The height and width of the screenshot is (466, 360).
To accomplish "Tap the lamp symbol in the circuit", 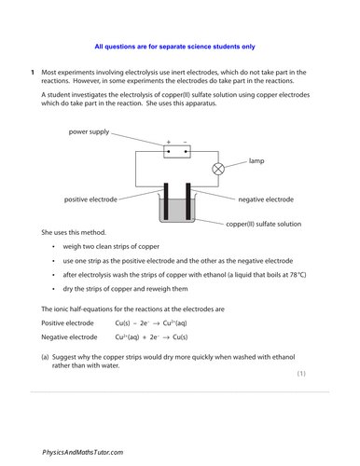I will click(x=219, y=169).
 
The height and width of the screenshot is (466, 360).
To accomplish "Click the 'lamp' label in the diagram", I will click(x=256, y=161).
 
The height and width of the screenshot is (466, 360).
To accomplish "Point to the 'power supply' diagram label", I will click(x=90, y=132).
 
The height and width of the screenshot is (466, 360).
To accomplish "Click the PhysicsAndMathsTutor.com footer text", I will click(x=82, y=451).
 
